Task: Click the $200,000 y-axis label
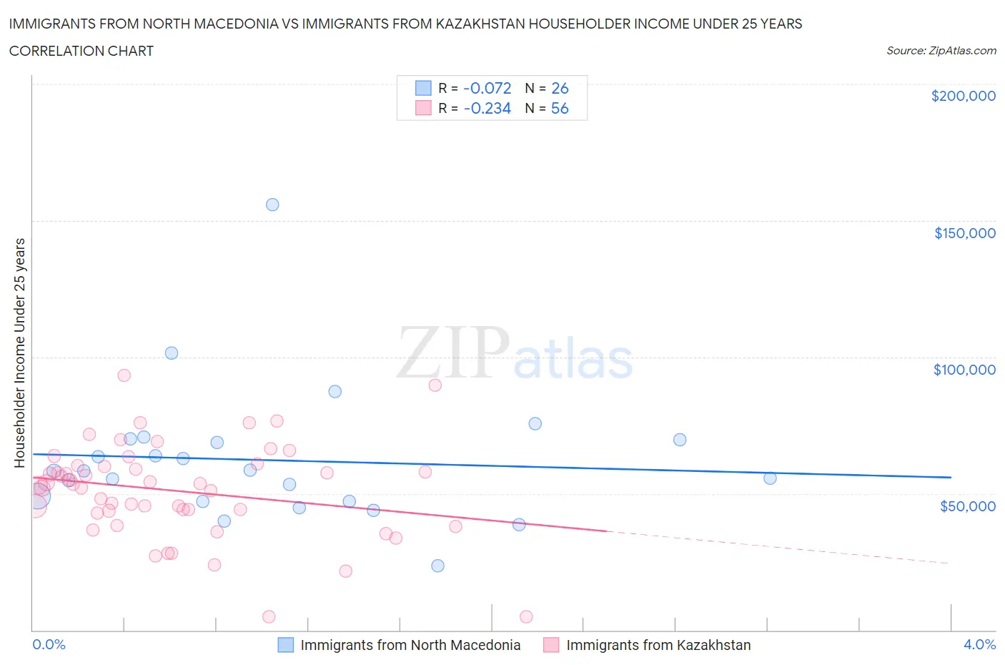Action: tap(963, 96)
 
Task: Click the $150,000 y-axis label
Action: tap(964, 233)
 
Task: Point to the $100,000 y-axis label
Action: tap(964, 370)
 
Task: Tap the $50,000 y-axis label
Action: tap(967, 506)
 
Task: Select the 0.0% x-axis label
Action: tap(49, 644)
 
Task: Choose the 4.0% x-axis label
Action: tap(979, 644)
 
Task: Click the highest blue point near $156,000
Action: tap(272, 205)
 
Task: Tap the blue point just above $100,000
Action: tap(172, 353)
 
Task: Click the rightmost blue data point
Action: tap(770, 478)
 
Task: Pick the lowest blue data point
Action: tap(437, 566)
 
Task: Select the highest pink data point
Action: tap(124, 375)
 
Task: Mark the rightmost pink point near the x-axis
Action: tap(526, 616)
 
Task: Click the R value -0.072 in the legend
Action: tap(487, 88)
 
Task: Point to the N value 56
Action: tap(560, 108)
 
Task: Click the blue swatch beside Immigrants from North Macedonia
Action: tap(285, 645)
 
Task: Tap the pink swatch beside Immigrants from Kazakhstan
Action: tap(551, 645)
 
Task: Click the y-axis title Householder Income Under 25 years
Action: tap(20, 353)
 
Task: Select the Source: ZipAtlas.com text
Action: tap(941, 50)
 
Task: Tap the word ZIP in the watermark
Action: tap(452, 353)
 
